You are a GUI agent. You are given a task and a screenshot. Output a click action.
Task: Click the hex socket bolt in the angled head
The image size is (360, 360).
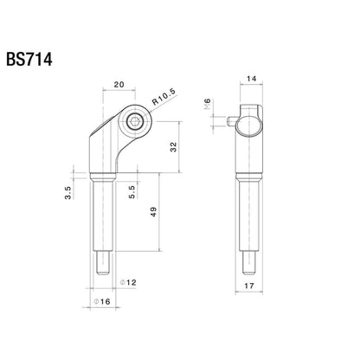click(x=134, y=125)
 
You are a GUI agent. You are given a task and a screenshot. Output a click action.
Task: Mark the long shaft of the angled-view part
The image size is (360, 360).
click(x=100, y=221)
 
